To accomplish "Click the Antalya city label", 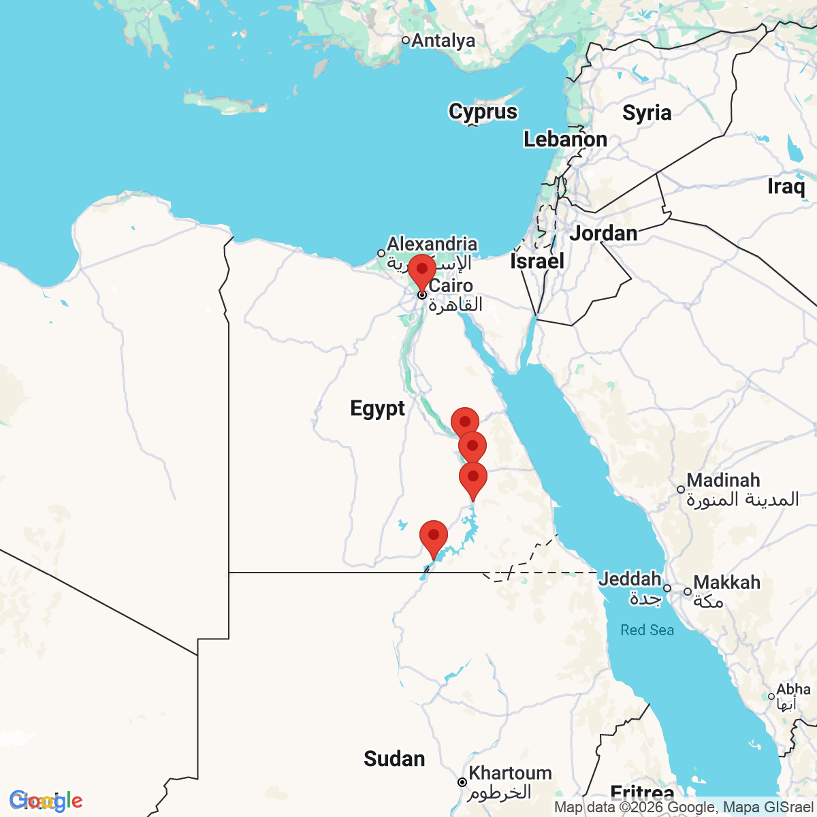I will point(443,41).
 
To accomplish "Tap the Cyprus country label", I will point(483,112).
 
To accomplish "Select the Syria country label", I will point(647,112).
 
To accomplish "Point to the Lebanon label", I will point(565,140).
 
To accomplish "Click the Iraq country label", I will point(786,186).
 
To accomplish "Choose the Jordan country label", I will point(603,233).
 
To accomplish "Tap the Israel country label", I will point(537,261).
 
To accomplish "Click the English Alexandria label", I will point(432,244).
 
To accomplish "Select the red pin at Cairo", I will point(422,272).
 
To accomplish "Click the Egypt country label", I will point(377,408).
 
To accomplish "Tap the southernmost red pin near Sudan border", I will point(434,538).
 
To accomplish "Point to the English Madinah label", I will point(723,480).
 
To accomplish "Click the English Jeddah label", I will point(630,579).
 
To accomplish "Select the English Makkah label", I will point(727,583).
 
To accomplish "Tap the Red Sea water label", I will point(647,630).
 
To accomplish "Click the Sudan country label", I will point(394,758).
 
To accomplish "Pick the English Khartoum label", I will point(510,773).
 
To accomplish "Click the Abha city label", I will point(793,690).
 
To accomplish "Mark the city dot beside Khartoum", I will point(462,782).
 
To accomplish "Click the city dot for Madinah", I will point(680,490).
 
